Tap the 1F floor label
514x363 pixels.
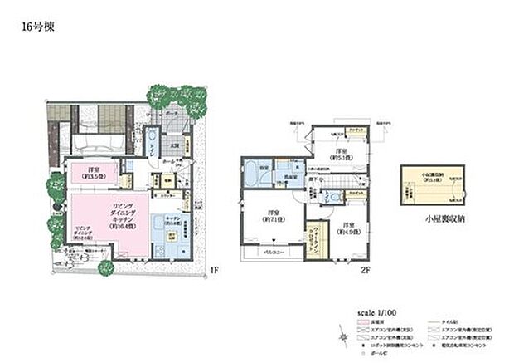213,268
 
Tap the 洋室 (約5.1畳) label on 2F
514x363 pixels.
339,153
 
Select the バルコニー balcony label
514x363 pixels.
271,250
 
